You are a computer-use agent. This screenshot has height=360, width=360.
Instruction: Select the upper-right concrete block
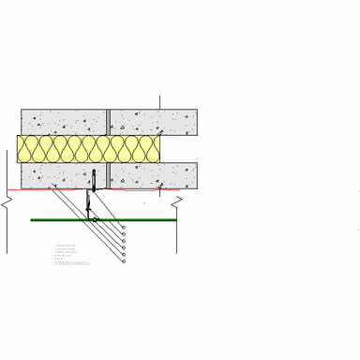pyautogui.click(x=154, y=122)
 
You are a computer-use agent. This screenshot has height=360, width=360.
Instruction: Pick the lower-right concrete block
pyautogui.click(x=154, y=175)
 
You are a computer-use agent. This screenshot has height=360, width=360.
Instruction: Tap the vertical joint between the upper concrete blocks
pyautogui.click(x=108, y=122)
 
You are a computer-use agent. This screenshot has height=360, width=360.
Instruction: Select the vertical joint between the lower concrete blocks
pyautogui.click(x=108, y=175)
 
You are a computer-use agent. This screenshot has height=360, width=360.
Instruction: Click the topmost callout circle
pyautogui.click(x=124, y=227)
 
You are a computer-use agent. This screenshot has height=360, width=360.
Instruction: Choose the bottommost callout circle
pyautogui.click(x=124, y=261)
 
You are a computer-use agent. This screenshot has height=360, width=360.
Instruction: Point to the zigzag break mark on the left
pyautogui.click(x=7, y=202)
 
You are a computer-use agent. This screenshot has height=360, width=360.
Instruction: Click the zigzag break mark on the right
pyautogui.click(x=176, y=201)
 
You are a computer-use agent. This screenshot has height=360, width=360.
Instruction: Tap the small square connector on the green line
pyautogui.click(x=95, y=219)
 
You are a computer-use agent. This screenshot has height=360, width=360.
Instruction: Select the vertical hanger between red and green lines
pyautogui.click(x=89, y=204)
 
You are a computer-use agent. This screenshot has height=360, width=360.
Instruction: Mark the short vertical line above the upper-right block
pyautogui.click(x=159, y=101)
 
